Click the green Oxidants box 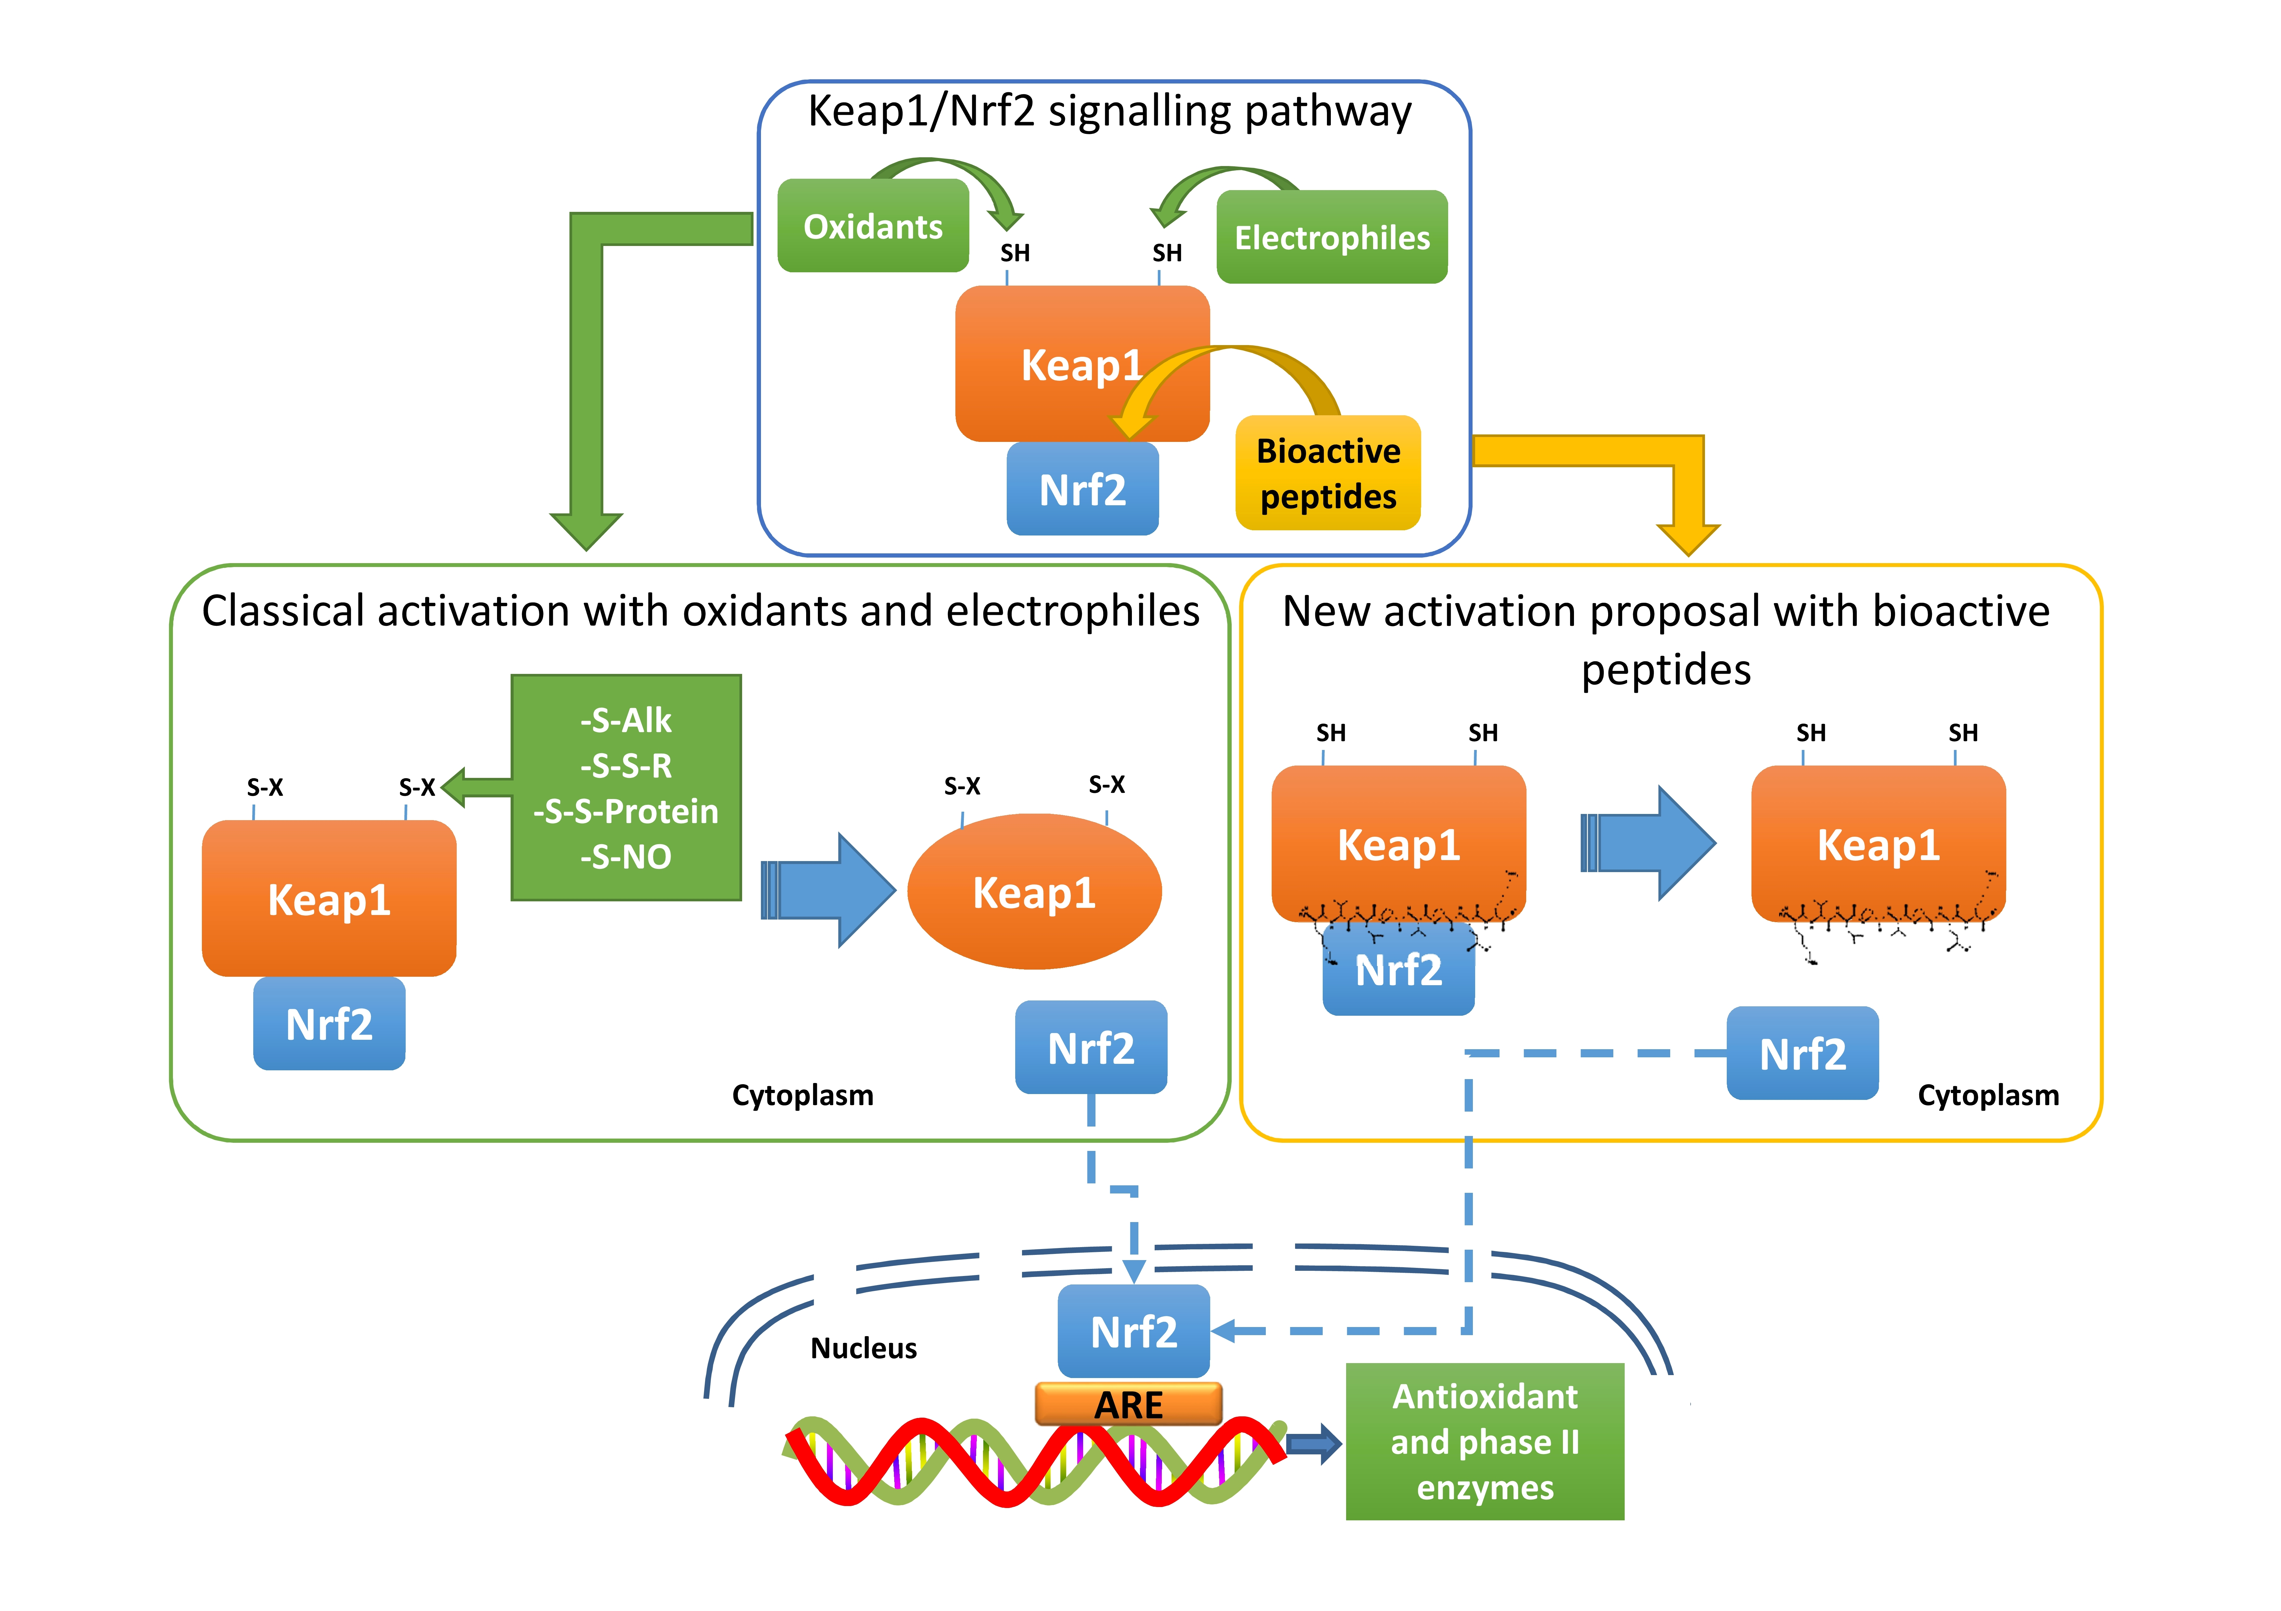(x=872, y=226)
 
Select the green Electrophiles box (x=1331, y=238)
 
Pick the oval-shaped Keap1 (x=1034, y=892)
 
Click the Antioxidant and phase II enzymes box (x=1484, y=1441)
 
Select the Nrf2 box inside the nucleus (x=1134, y=1331)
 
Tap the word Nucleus (x=863, y=1348)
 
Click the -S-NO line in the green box (x=626, y=856)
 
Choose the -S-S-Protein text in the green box (x=626, y=811)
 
